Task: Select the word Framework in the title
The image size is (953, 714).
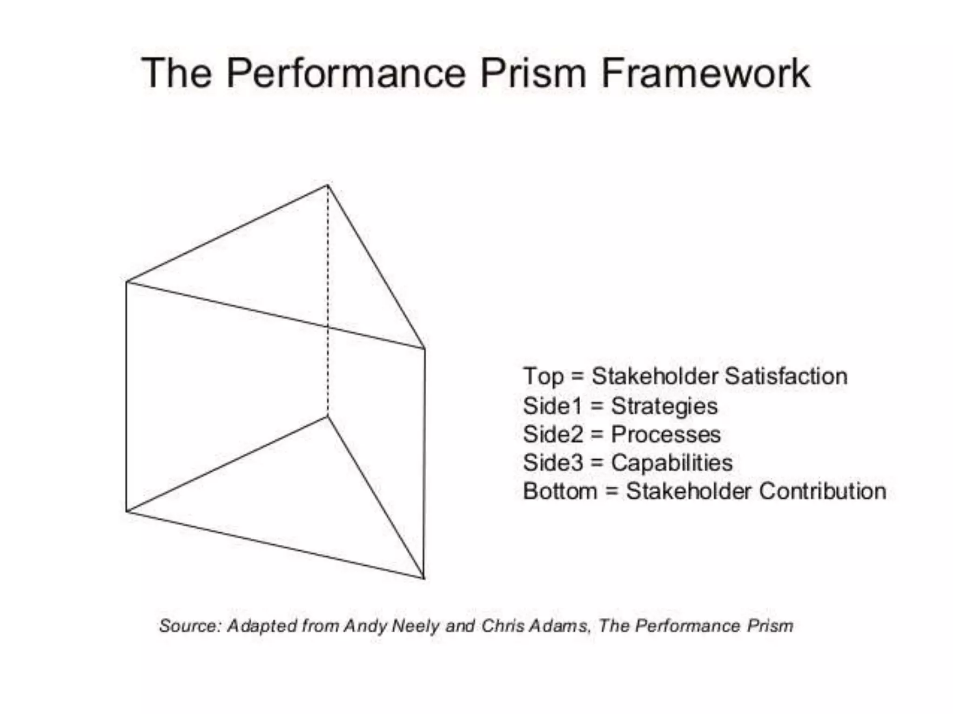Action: [x=705, y=73]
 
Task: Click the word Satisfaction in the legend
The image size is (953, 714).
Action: [x=786, y=376]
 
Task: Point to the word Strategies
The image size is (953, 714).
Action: [x=664, y=406]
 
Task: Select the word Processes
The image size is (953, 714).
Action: [x=665, y=435]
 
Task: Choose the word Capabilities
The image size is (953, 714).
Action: [x=671, y=463]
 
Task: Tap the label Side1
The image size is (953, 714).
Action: [x=552, y=406]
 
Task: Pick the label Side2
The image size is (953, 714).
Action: [x=553, y=435]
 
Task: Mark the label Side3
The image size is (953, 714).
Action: [x=553, y=463]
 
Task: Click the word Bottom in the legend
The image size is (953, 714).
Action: [x=560, y=491]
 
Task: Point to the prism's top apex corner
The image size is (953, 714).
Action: [x=328, y=185]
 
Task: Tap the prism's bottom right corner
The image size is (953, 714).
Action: [x=424, y=578]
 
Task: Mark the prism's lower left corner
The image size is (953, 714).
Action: [x=127, y=511]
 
